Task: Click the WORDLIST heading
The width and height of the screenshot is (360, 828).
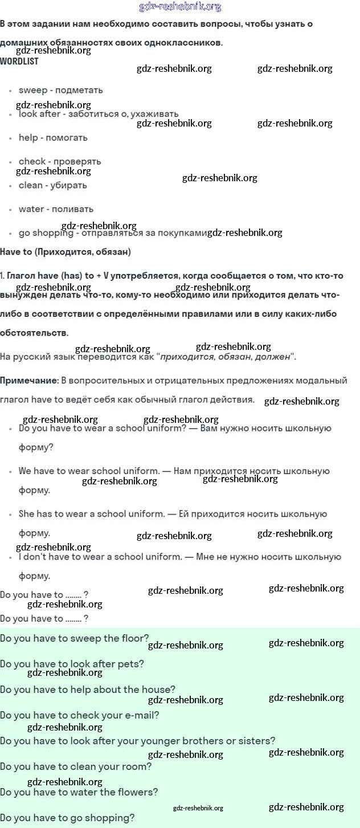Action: (x=19, y=61)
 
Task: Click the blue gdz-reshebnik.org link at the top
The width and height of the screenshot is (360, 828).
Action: (x=180, y=7)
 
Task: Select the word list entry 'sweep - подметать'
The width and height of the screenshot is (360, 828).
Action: (x=60, y=90)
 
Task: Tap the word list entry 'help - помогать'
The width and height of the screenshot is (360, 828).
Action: (x=53, y=137)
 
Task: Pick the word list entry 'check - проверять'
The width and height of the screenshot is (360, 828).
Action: (x=60, y=161)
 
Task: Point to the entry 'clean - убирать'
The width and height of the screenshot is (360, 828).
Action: (x=53, y=185)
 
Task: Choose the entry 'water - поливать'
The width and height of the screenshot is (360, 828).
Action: (x=56, y=209)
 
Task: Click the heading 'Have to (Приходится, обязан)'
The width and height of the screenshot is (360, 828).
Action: (x=66, y=251)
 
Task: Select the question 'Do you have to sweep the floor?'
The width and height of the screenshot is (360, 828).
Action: (x=75, y=638)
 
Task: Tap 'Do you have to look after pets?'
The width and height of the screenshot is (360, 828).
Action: (x=72, y=664)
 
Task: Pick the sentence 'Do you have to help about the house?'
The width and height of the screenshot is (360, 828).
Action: (x=88, y=690)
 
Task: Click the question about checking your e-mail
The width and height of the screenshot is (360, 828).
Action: (x=80, y=715)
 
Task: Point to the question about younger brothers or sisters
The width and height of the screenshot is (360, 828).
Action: (x=138, y=741)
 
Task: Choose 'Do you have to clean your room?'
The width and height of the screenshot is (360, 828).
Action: (x=76, y=766)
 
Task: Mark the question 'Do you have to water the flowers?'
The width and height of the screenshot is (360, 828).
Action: (x=79, y=792)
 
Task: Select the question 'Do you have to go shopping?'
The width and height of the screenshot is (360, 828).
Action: (x=67, y=818)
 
